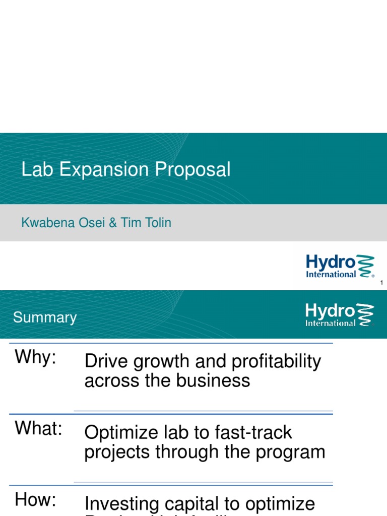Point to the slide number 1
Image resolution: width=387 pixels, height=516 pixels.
pos(381,283)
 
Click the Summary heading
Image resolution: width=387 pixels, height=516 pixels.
pos(45,317)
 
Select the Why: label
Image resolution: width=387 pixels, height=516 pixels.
pos(35,357)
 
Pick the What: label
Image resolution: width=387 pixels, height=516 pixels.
pos(39,428)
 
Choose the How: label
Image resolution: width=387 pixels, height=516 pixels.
pos(35,500)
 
